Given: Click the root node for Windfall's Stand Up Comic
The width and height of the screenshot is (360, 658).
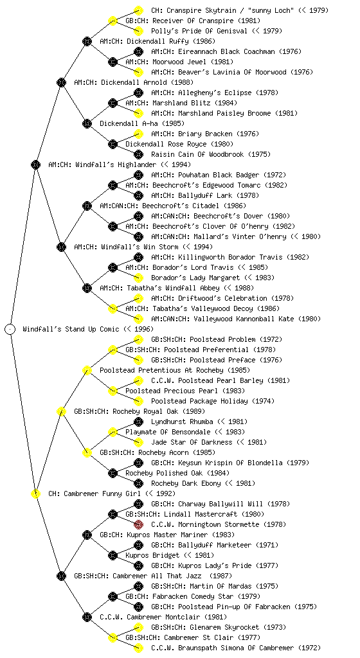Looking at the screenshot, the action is point(10,329).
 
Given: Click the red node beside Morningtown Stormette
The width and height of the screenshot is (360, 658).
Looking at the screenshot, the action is point(138,524).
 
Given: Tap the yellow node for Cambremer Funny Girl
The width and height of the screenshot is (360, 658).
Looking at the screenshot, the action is point(35,493).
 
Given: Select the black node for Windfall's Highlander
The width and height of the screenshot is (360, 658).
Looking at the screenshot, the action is point(35,164).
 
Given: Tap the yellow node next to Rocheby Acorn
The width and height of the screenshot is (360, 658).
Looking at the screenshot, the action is point(87,452).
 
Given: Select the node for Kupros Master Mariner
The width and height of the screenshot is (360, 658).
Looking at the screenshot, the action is point(87,535).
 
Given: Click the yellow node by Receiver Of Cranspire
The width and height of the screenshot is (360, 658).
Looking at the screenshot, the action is point(113,21).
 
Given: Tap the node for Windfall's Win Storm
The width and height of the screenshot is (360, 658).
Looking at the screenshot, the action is point(61,247).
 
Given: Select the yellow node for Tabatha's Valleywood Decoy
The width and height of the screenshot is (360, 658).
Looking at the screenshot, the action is point(113,308).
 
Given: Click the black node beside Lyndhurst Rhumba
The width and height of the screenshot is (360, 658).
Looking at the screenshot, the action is point(138,422).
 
